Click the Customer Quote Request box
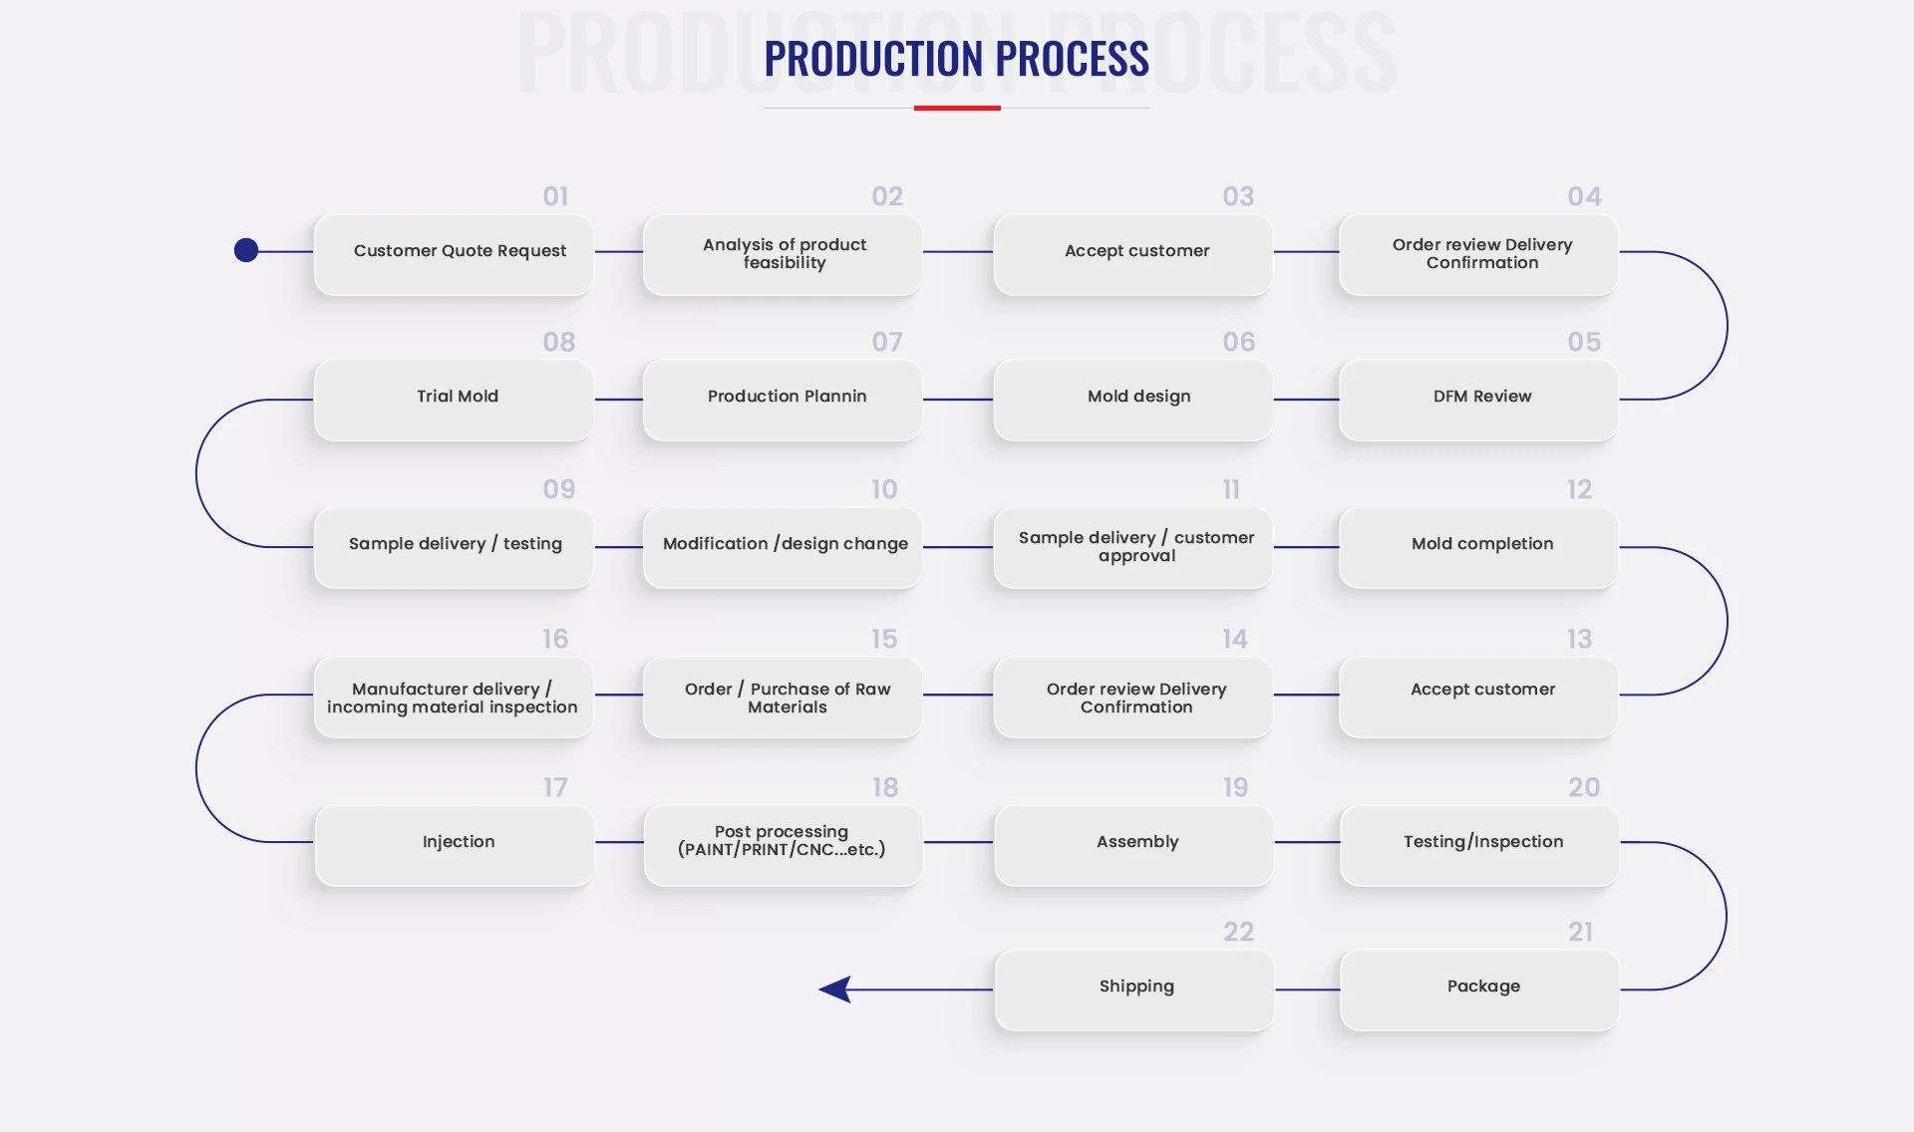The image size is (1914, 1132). tap(454, 254)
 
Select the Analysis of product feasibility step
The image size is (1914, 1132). tap(783, 254)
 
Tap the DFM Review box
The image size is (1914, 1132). tap(1478, 400)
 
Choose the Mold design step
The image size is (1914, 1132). tap(1133, 400)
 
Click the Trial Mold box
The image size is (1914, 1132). tap(454, 400)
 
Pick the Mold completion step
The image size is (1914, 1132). tap(1478, 547)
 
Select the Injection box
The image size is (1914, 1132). tap(455, 845)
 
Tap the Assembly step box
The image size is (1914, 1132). tap(1134, 845)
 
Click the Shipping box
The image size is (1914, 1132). tap(1134, 990)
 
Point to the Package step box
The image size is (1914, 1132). tap(1479, 990)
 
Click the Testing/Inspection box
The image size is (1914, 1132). tap(1479, 845)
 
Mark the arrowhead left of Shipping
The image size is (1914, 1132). tap(835, 990)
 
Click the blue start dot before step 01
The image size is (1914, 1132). tap(246, 250)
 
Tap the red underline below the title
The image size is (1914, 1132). tap(957, 108)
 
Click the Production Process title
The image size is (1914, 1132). tap(957, 59)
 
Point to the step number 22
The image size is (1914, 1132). tap(1238, 932)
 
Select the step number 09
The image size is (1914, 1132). tap(559, 489)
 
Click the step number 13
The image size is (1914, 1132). tap(1579, 639)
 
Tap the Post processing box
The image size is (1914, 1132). tap(784, 845)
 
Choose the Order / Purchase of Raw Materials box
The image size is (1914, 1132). tap(783, 697)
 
